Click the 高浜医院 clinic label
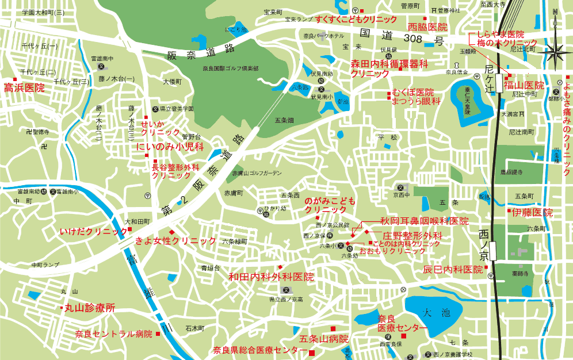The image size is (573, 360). (24, 88)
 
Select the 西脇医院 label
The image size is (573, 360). (427, 27)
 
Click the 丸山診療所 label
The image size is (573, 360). (89, 308)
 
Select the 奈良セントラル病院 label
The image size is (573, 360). (113, 334)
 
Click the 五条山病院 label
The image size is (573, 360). (324, 338)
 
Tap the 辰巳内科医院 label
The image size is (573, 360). (453, 269)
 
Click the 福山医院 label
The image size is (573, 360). (524, 85)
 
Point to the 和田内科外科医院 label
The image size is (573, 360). (271, 277)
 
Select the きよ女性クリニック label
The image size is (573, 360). (175, 240)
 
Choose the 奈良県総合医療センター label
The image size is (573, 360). (260, 350)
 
